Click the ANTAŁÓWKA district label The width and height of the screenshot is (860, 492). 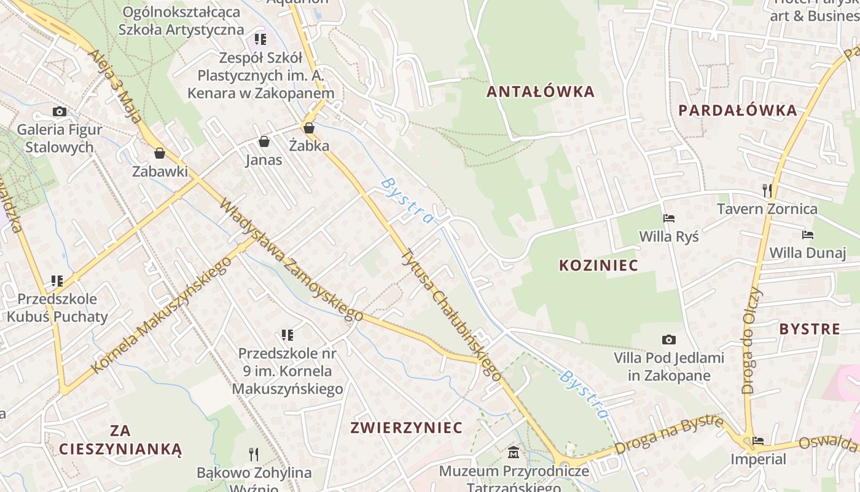click(x=541, y=92)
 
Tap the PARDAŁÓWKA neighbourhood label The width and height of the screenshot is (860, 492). click(x=738, y=111)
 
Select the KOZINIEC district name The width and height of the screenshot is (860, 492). click(x=598, y=266)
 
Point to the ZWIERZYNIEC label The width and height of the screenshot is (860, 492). click(x=406, y=428)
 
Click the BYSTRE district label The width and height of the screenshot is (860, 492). click(x=810, y=329)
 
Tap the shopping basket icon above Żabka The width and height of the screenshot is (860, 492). click(x=309, y=128)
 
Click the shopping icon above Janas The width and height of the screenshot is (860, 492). click(x=264, y=142)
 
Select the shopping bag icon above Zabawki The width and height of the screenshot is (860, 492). click(x=160, y=153)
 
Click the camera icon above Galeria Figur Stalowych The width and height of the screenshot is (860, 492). click(x=60, y=111)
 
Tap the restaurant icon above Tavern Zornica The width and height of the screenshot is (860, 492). click(x=767, y=190)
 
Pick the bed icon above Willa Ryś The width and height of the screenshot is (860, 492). click(x=669, y=218)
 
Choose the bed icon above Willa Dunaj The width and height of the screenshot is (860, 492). click(x=808, y=235)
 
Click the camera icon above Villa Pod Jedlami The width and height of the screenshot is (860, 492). click(x=669, y=339)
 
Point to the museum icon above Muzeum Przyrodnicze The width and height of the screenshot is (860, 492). click(x=514, y=453)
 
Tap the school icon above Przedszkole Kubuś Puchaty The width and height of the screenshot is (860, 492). click(x=57, y=281)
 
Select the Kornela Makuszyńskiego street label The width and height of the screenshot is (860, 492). click(x=162, y=315)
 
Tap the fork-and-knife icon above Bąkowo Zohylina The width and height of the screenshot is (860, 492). click(x=254, y=454)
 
